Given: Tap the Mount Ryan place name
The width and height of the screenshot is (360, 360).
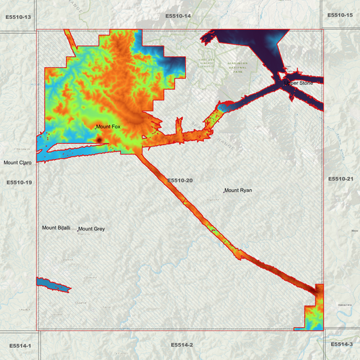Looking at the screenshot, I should pyautogui.click(x=238, y=190).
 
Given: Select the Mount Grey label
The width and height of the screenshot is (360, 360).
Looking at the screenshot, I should pyautogui.click(x=92, y=229).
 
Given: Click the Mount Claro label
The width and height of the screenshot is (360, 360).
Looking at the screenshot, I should pyautogui.click(x=18, y=163).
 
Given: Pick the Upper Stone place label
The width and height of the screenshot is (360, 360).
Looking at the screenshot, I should pyautogui.click(x=301, y=83).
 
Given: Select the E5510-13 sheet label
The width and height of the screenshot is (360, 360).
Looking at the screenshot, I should pyautogui.click(x=18, y=16).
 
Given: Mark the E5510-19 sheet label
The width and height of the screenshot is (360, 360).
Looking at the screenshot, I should pyautogui.click(x=19, y=182).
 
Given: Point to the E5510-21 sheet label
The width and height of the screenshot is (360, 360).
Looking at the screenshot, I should pyautogui.click(x=340, y=178).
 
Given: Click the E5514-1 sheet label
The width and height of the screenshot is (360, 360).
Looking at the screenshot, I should pyautogui.click(x=20, y=345).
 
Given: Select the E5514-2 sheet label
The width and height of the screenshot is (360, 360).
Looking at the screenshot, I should pyautogui.click(x=182, y=345).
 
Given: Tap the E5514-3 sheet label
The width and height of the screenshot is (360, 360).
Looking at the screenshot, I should pyautogui.click(x=341, y=344).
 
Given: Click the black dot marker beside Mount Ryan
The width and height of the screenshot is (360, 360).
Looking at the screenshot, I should pyautogui.click(x=224, y=192).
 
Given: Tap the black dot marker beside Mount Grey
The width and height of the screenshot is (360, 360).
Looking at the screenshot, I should pyautogui.click(x=78, y=230).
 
